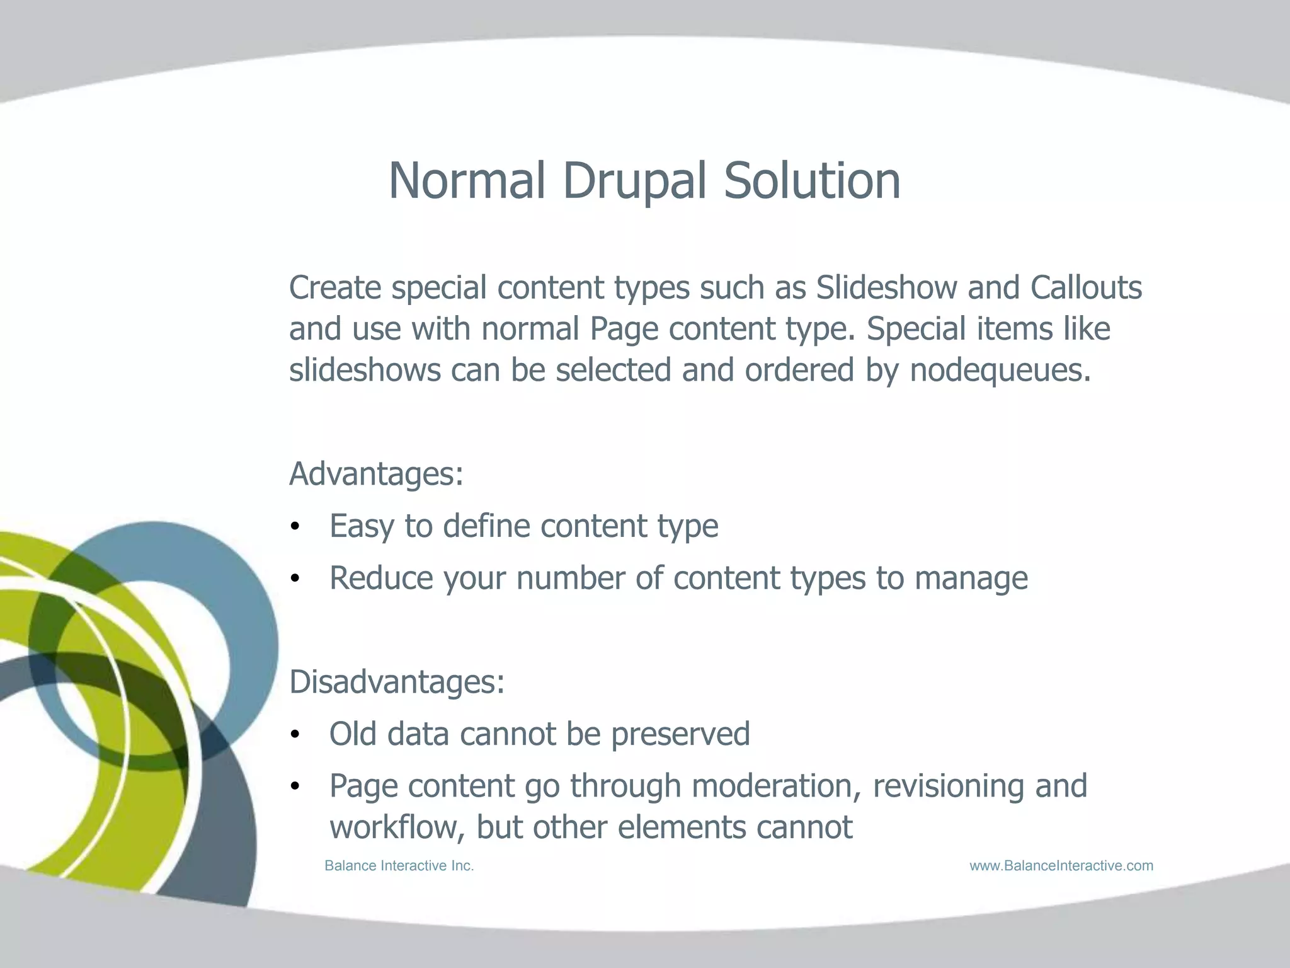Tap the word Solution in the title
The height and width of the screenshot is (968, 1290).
tap(812, 181)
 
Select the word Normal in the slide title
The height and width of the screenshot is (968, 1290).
tap(466, 181)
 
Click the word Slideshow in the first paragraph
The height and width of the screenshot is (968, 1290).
tap(886, 288)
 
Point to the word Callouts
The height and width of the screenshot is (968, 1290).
tap(1086, 288)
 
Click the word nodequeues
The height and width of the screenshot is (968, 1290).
tap(1000, 370)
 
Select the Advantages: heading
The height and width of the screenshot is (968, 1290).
tap(376, 474)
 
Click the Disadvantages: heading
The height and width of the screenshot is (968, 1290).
tap(397, 682)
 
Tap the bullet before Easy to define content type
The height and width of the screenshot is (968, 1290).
tap(295, 527)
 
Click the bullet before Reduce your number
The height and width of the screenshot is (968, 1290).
tap(295, 579)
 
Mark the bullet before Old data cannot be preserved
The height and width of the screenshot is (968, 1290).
tap(295, 735)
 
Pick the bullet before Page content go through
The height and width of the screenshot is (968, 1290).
tap(295, 787)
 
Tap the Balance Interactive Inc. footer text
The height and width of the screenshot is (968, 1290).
tap(399, 866)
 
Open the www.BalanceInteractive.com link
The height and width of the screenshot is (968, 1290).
tap(1061, 866)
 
